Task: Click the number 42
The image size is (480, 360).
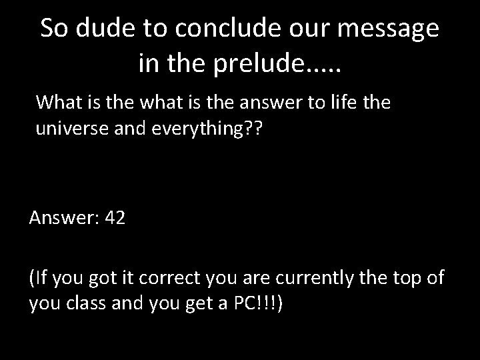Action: tap(114, 218)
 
